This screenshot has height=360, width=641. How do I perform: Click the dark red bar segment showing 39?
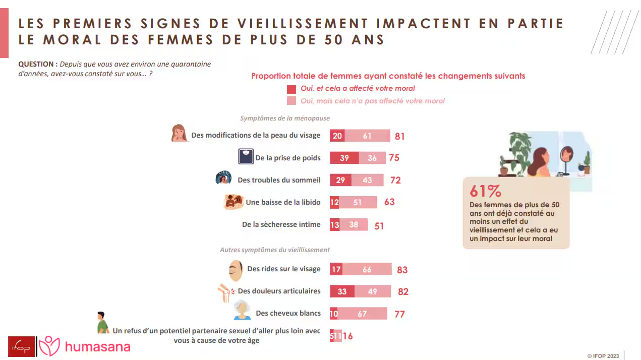pyautogui.click(x=344, y=158)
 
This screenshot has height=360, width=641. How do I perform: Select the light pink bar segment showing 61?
pyautogui.click(x=367, y=136)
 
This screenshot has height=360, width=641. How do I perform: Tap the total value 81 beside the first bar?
pyautogui.click(x=399, y=136)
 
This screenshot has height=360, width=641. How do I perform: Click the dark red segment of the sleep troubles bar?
pyautogui.click(x=340, y=180)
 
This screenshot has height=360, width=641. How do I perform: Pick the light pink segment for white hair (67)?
pyautogui.click(x=362, y=314)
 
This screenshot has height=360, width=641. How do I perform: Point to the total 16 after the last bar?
pyautogui.click(x=347, y=336)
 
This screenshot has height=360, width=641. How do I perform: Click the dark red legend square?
pyautogui.click(x=291, y=89)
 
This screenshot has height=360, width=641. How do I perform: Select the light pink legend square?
pyautogui.click(x=291, y=101)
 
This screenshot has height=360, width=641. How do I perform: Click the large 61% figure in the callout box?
pyautogui.click(x=485, y=192)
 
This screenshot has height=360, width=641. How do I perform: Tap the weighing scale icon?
pyautogui.click(x=246, y=156)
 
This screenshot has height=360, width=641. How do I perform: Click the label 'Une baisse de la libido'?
pyautogui.click(x=283, y=202)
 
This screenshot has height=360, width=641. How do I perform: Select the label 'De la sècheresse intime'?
pyautogui.click(x=281, y=224)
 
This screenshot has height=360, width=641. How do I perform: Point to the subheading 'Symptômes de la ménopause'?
pyautogui.click(x=285, y=118)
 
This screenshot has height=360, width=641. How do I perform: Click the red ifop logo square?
pyautogui.click(x=21, y=347)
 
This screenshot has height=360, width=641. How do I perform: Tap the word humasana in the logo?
pyautogui.click(x=97, y=347)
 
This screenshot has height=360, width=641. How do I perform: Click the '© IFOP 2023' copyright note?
pyautogui.click(x=603, y=356)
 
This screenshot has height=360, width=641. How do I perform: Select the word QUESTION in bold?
pyautogui.click(x=36, y=65)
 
